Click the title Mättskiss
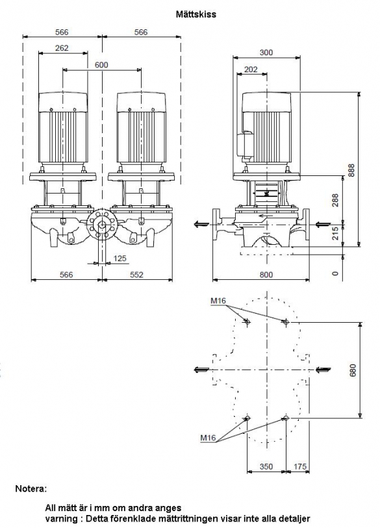[196, 14]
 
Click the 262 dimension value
[62, 48]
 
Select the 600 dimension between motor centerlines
[101, 65]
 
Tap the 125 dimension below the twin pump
[120, 258]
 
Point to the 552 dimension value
[136, 275]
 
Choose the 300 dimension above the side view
[266, 53]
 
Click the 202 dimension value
[251, 69]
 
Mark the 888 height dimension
[351, 170]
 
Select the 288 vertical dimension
[335, 201]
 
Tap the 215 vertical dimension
[335, 233]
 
